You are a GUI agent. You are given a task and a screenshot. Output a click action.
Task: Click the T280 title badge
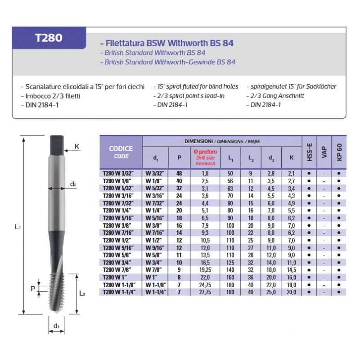click(x=49, y=38)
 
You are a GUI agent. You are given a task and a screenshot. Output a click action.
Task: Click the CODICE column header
click(x=121, y=148)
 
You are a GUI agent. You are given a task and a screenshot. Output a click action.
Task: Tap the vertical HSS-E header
click(x=309, y=152)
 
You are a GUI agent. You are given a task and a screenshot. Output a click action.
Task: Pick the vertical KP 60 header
click(x=339, y=152)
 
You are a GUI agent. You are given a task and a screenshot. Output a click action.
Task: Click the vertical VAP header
click(x=324, y=152)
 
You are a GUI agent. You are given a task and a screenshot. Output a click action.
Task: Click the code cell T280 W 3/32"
click(x=118, y=173)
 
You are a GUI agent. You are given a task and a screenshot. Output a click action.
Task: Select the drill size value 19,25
click(x=205, y=270)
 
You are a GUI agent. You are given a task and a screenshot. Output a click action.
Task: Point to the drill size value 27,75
click(x=205, y=292)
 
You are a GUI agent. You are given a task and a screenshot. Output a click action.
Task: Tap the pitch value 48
click(x=179, y=173)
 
